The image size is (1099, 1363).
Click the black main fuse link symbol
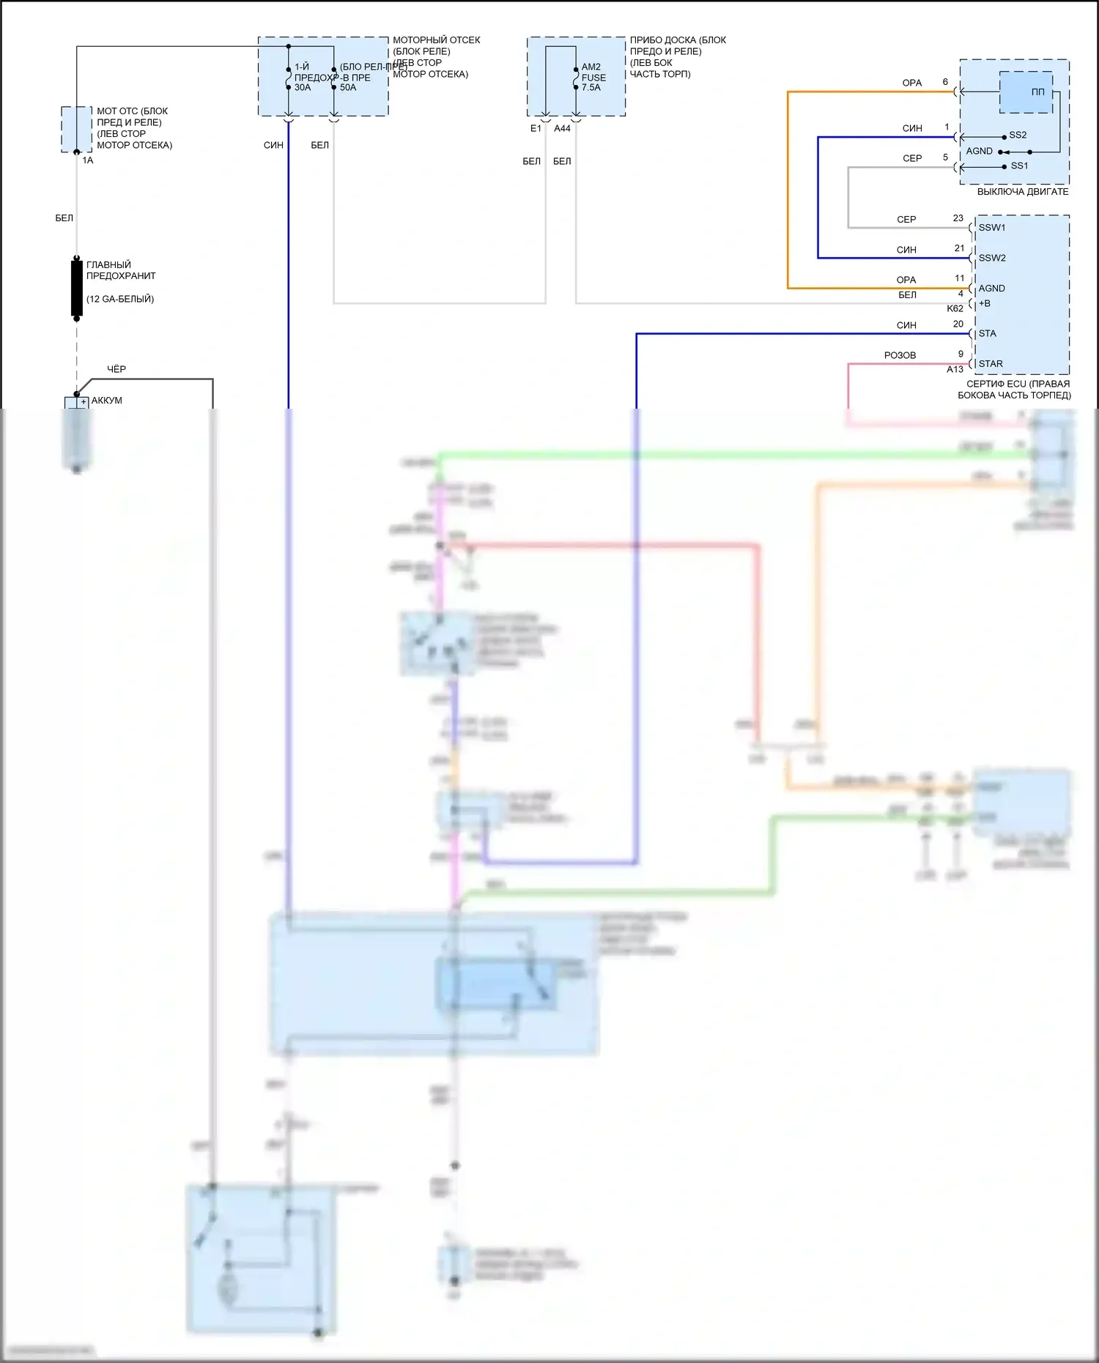pos(77,288)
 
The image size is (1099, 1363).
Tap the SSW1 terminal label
pos(992,228)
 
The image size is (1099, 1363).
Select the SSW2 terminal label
pos(992,258)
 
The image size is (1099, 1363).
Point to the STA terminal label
pos(987,333)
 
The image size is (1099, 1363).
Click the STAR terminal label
pos(991,363)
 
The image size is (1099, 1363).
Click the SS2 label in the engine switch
pos(1018,135)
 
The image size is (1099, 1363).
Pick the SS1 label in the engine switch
pos(1019,166)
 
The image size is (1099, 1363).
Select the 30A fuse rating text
pos(303,88)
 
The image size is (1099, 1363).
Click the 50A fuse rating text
pos(348,88)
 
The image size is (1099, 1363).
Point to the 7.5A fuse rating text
pos(591,88)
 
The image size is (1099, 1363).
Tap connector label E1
pos(536,128)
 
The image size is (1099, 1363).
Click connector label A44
pos(562,128)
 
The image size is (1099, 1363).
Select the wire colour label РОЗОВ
pos(900,355)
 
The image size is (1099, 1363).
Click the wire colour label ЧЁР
pos(116,369)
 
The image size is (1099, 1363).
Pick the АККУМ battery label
pos(107,401)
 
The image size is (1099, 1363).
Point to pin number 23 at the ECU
pos(958,218)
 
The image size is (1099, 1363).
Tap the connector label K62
pos(955,308)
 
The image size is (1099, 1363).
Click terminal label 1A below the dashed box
pos(88,160)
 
